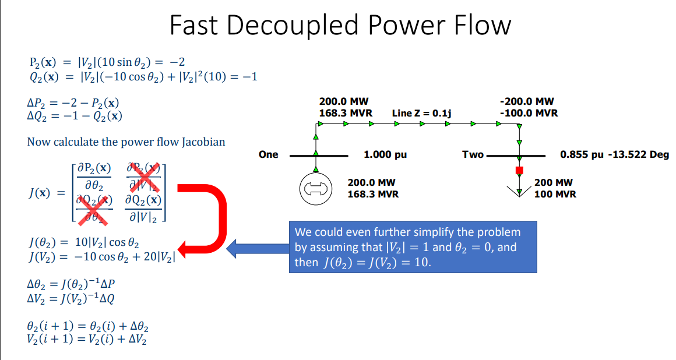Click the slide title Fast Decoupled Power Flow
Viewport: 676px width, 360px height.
(x=340, y=26)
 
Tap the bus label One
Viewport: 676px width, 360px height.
(x=268, y=155)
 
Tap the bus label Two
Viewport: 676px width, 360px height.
(x=473, y=155)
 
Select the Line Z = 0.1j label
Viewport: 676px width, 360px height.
(x=422, y=112)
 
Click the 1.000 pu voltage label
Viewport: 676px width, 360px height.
(x=385, y=155)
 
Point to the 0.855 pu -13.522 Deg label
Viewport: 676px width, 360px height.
(x=614, y=155)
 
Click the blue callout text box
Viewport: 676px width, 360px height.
(x=413, y=248)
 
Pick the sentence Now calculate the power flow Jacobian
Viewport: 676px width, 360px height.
(x=126, y=142)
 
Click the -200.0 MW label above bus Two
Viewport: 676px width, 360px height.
(x=527, y=101)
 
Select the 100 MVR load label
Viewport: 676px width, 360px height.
(x=555, y=194)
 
